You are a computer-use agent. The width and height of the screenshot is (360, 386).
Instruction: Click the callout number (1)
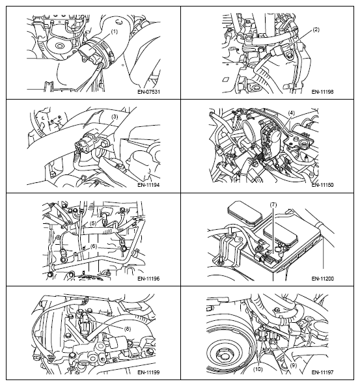pos(115,32)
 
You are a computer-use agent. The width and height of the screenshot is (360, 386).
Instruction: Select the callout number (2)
pos(316,30)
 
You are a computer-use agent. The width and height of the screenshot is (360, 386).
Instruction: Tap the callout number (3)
pos(115,117)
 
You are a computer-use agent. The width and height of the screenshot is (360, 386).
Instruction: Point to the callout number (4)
pos(291,113)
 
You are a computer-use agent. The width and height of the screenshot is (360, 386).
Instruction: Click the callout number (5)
pos(93,223)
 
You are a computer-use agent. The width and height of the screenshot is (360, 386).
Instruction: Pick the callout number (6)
pos(94,246)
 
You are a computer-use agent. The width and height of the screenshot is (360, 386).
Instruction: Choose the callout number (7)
pos(273,205)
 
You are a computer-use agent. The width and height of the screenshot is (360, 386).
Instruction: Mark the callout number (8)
pos(128,329)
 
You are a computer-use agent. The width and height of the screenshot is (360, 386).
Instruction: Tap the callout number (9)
pos(293,365)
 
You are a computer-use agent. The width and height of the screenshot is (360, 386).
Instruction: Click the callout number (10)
pos(258,369)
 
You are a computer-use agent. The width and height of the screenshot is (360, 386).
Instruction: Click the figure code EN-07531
pos(148,92)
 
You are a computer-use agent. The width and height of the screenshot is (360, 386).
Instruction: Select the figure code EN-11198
pos(323,92)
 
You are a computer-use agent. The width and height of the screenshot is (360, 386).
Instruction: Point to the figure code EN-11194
pos(148,185)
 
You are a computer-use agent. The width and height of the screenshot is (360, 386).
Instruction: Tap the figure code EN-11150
pos(323,185)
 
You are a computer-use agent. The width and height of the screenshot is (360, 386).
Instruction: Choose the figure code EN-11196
pos(148,279)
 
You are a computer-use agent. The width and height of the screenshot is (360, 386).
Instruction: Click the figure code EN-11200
pos(323,279)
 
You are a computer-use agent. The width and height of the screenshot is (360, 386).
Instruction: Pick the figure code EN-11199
pos(148,372)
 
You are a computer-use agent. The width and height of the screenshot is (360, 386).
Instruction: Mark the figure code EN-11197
pos(323,372)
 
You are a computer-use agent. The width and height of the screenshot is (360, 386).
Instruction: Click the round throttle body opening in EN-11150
pos(249,130)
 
